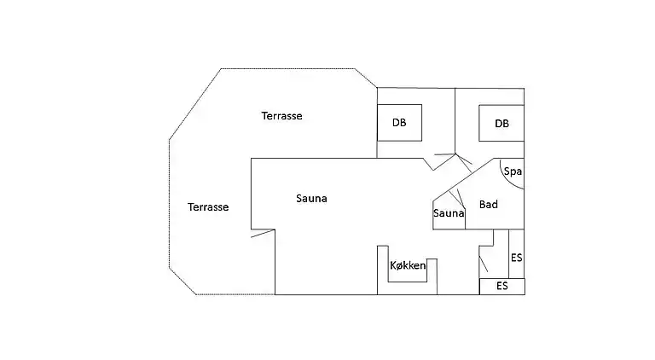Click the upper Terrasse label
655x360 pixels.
(281, 116)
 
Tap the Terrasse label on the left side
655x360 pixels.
(208, 206)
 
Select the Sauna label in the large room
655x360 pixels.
(311, 199)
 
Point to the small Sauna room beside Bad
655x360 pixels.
(449, 213)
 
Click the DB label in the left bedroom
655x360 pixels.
(399, 123)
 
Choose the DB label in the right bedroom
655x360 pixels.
(501, 124)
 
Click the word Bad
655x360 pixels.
(488, 205)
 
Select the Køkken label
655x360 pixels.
(408, 266)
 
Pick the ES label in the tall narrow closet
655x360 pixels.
(516, 257)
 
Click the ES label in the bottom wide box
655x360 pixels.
(501, 286)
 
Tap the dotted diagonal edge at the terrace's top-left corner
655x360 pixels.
(195, 103)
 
